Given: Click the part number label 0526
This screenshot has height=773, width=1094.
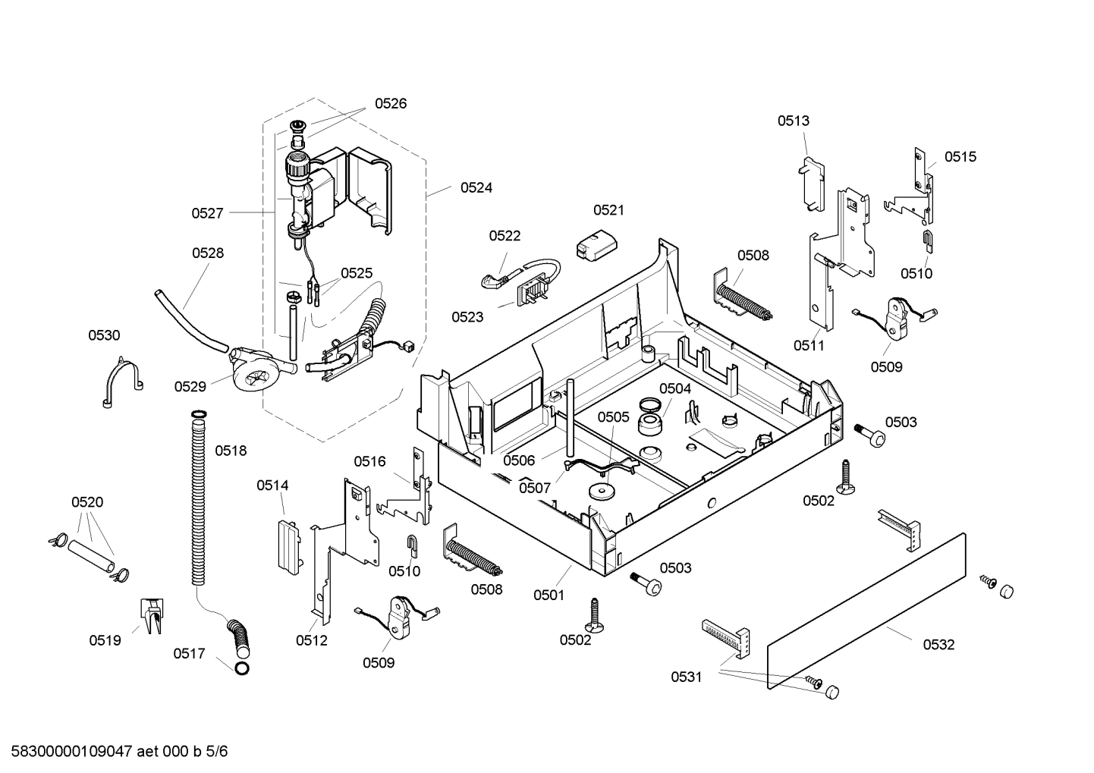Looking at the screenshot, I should (x=390, y=104).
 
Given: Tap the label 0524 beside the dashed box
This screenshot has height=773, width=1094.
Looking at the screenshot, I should (x=476, y=187).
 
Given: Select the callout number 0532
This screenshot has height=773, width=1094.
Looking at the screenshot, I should (x=938, y=645).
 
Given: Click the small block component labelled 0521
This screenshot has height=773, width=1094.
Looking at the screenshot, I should (x=597, y=247).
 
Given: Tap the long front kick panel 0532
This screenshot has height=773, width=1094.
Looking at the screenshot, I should (x=865, y=611).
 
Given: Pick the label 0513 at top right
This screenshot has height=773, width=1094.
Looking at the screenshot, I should (x=793, y=121).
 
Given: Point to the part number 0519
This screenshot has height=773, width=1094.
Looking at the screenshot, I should (x=105, y=640).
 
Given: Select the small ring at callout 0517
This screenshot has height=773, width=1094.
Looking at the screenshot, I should (x=241, y=668).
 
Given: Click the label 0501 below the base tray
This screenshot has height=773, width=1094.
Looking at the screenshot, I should (x=549, y=595).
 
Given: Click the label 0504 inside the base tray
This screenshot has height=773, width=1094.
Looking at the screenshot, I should (x=674, y=388).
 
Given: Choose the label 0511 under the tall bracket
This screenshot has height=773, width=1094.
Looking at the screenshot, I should (x=809, y=345).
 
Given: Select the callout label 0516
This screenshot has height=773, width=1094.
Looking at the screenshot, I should (x=369, y=461).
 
